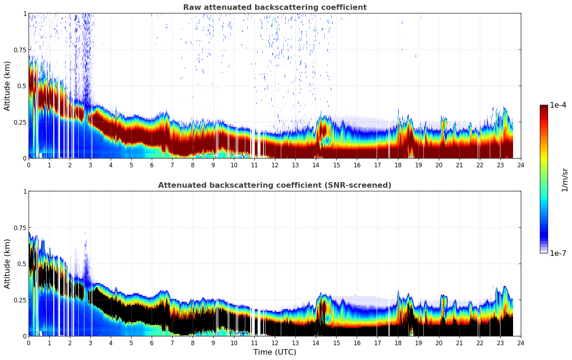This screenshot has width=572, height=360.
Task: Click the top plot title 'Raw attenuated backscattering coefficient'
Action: tap(275, 7)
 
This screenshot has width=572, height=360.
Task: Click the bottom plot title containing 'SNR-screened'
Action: tap(275, 185)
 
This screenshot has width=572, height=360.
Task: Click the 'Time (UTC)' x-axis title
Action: tap(275, 352)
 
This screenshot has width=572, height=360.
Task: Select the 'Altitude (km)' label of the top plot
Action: tap(7, 86)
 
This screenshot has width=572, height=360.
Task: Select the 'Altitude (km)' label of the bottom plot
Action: tap(7, 264)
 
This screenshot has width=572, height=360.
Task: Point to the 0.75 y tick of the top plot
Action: tap(20, 50)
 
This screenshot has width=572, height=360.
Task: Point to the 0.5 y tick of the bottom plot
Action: tap(22, 264)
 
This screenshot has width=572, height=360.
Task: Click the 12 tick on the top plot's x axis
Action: tap(275, 165)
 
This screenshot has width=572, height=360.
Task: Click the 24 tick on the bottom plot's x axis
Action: tap(521, 343)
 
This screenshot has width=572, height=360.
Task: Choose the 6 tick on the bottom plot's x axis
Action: tap(152, 343)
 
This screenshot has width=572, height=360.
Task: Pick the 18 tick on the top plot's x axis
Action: tap(398, 165)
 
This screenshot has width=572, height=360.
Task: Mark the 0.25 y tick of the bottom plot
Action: tap(20, 300)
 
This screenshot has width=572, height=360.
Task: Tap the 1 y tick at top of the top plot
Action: tap(25, 13)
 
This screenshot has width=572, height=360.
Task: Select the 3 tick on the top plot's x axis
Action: tap(90, 165)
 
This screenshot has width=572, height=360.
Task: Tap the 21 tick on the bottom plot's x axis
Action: tap(459, 343)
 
